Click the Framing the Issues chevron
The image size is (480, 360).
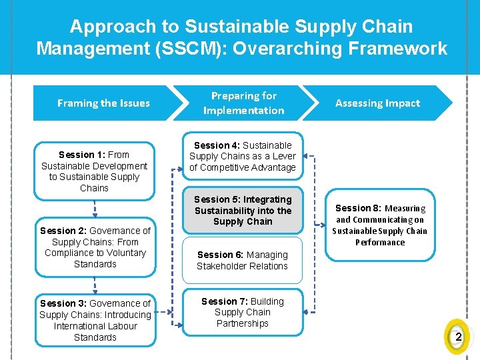(103, 103)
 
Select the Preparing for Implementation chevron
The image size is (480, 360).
(243, 103)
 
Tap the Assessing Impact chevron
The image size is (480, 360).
(377, 103)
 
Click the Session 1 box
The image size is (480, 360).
(94, 171)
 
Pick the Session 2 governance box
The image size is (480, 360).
(95, 247)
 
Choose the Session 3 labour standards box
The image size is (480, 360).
(95, 320)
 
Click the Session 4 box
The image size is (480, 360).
(243, 157)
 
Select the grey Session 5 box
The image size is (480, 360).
(243, 211)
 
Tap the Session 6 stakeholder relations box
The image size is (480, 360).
(243, 260)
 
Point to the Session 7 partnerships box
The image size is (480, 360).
(243, 312)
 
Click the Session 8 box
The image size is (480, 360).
(380, 225)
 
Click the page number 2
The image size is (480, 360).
(458, 337)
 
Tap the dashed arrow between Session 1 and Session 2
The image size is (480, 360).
(94, 209)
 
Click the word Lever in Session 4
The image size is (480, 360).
(284, 156)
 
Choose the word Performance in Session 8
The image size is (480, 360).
(380, 243)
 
